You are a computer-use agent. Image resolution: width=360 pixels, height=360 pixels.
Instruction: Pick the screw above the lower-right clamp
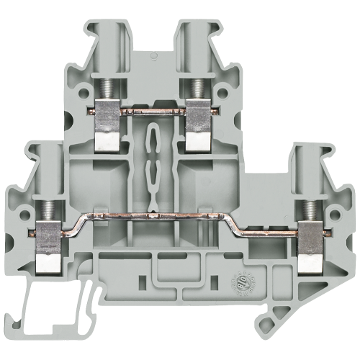(x=312, y=210)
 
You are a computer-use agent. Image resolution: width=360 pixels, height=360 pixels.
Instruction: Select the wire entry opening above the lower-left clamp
(x=47, y=166)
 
